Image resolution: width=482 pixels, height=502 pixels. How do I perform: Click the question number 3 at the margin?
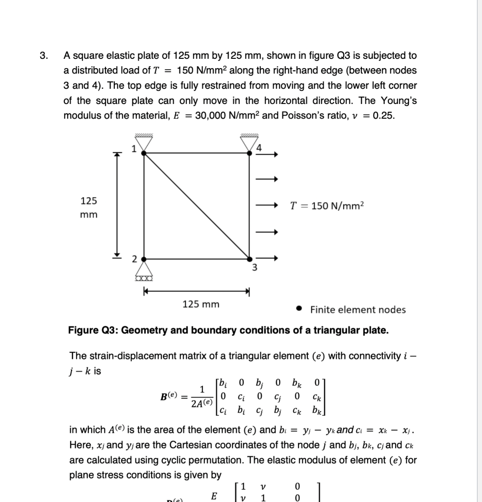(44, 55)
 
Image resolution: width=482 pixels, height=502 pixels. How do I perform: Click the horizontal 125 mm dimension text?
(201, 304)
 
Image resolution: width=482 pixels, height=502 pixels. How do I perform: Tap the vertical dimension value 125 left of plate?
(89, 201)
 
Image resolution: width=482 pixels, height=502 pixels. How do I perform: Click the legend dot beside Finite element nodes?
(299, 309)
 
